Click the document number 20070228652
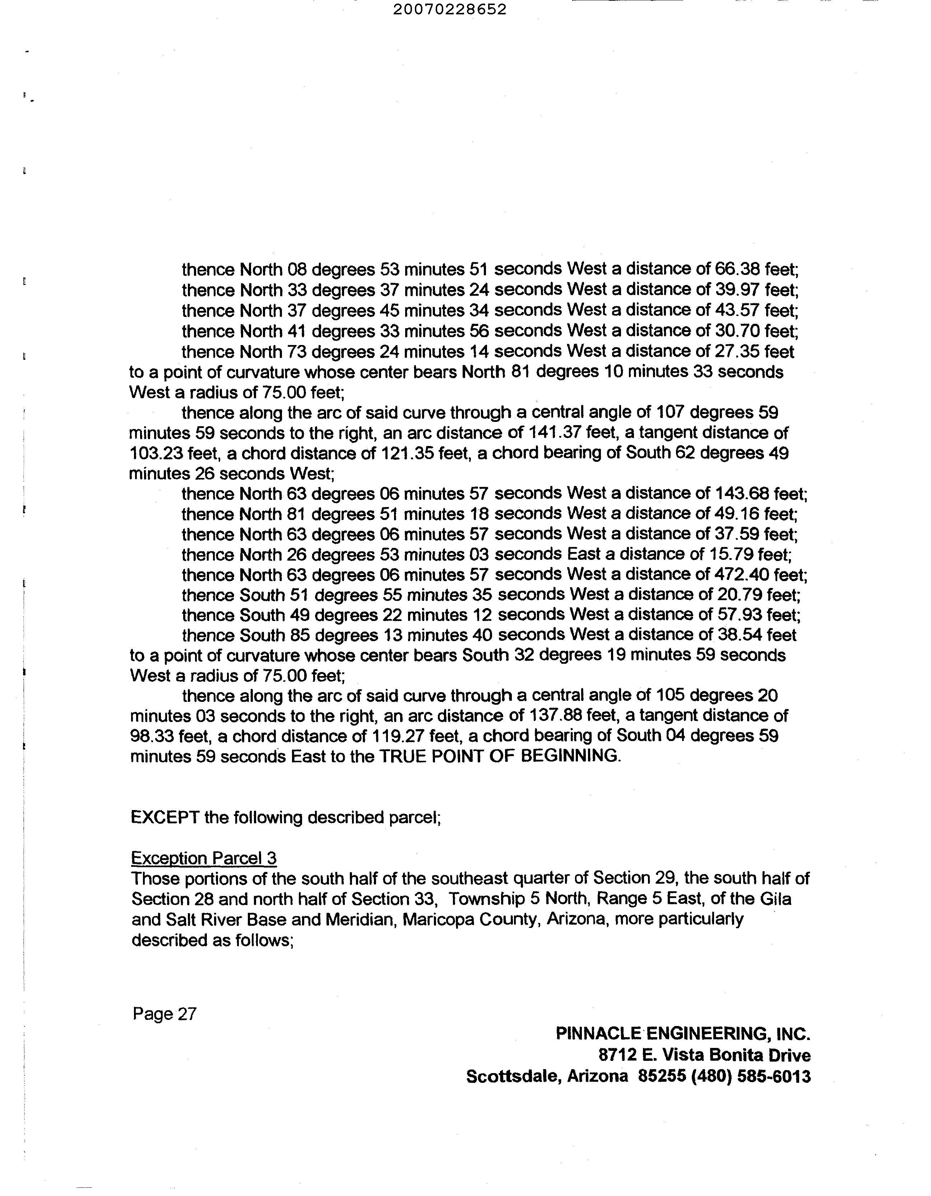[449, 9]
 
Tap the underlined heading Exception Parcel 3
[204, 859]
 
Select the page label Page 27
[164, 1014]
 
